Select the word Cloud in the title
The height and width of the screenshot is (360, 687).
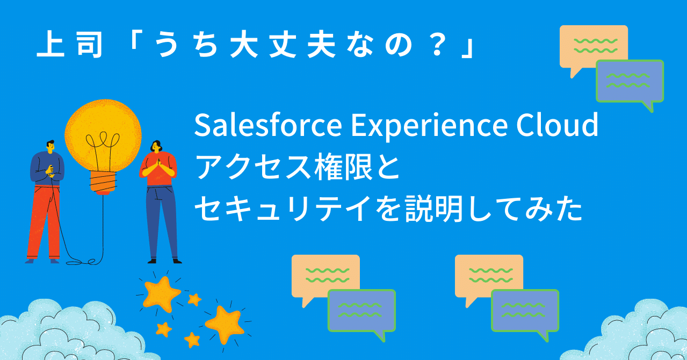[x=557, y=124]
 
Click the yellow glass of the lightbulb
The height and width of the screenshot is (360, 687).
[x=103, y=135]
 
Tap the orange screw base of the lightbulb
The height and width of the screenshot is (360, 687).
[x=103, y=183]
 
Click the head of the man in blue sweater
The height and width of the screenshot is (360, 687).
[x=50, y=146]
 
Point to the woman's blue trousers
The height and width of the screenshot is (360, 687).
[x=162, y=222]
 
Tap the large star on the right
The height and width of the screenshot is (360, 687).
[x=224, y=324]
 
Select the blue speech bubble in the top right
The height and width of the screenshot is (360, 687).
[x=630, y=82]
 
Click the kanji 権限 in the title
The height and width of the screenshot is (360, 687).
[x=344, y=167]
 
